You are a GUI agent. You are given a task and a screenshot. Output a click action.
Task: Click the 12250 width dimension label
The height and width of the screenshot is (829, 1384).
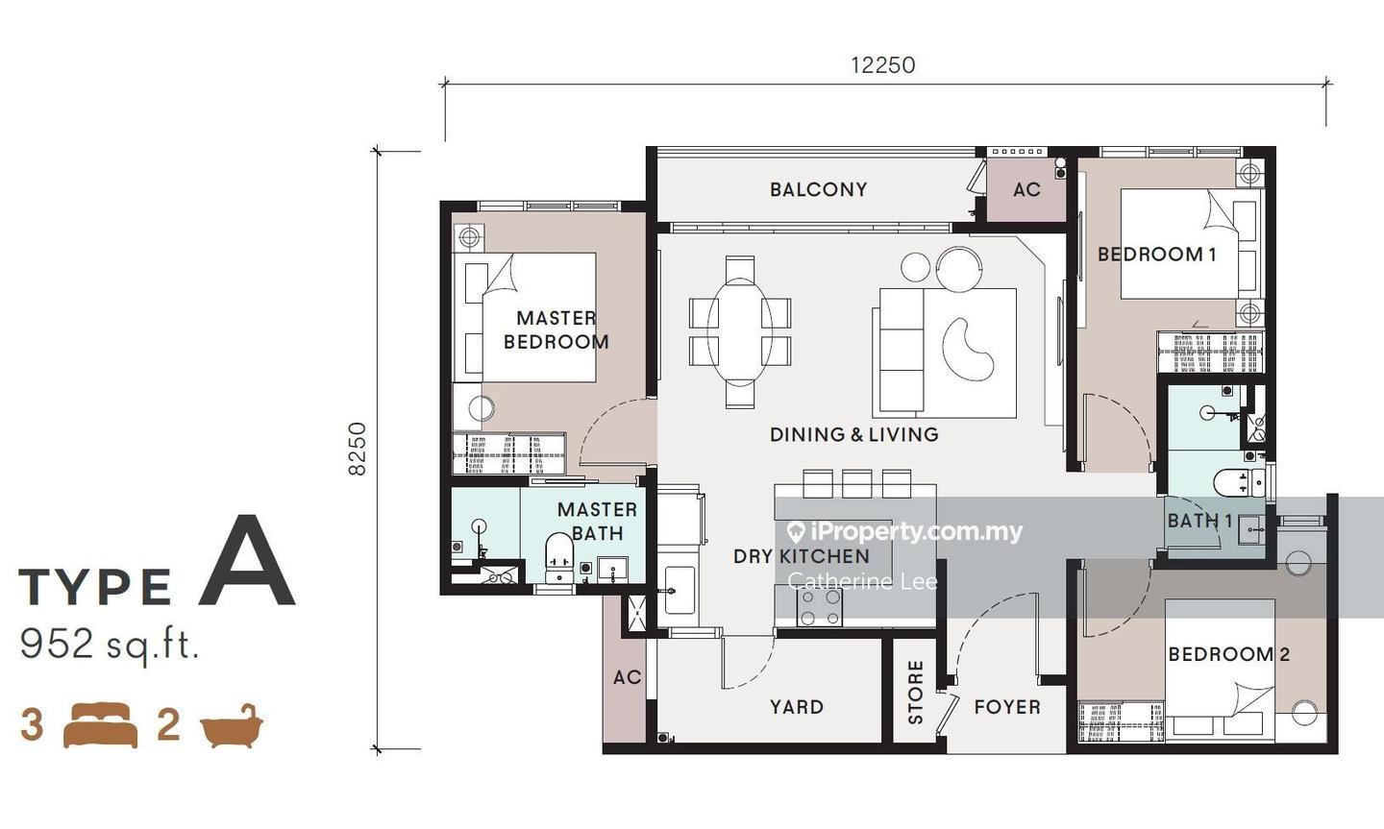883,65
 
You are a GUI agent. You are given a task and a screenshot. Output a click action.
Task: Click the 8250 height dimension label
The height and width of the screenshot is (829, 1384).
358,450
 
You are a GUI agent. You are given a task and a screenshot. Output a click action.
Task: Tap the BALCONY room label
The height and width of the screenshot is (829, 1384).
819,189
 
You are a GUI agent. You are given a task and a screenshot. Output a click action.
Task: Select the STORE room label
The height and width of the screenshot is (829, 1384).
915,692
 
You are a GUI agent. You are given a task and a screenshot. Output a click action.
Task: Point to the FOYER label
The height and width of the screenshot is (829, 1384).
1007,707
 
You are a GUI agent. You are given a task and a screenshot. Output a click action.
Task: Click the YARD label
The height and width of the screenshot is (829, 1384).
797,707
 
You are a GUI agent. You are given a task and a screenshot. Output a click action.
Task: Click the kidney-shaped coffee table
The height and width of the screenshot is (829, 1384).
968,351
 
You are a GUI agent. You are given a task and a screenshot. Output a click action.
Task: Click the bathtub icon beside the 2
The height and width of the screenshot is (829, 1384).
231,725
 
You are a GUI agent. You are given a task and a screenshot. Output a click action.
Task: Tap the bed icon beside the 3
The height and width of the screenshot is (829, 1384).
101,725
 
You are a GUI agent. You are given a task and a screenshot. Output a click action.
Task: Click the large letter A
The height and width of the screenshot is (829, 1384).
246,560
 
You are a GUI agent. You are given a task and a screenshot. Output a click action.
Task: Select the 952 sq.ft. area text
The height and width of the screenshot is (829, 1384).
110,646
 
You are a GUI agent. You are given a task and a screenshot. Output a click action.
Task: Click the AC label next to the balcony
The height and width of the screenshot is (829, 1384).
1026,189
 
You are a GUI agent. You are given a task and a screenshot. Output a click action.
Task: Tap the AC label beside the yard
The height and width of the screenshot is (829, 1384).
627,677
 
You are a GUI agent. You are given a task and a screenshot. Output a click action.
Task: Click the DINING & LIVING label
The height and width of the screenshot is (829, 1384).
854,434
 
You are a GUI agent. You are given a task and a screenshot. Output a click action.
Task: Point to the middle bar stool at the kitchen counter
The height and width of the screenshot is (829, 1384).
857,484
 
